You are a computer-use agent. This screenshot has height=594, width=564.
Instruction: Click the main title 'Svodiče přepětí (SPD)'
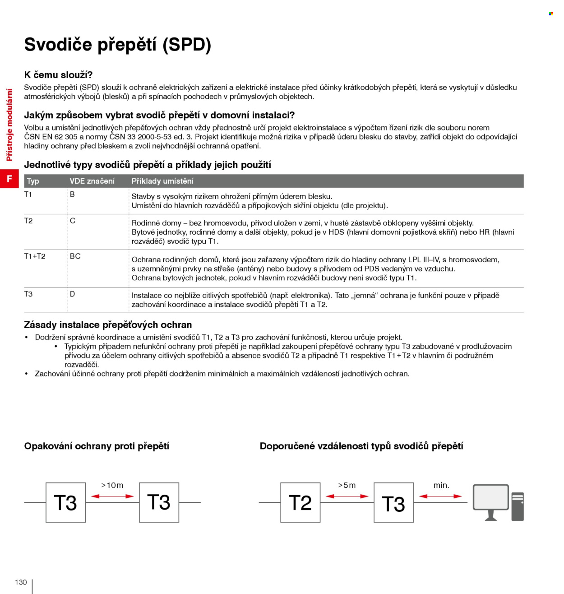click(117, 45)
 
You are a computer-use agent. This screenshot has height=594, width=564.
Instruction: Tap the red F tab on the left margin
click(9, 179)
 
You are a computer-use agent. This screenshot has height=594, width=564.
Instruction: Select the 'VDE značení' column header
click(92, 181)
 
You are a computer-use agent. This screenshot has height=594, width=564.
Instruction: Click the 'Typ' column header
click(33, 181)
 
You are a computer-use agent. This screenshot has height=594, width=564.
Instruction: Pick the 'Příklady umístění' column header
click(162, 181)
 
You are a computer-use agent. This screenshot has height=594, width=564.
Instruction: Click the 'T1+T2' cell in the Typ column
click(35, 256)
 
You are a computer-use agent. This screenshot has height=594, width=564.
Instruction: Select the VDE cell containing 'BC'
click(75, 256)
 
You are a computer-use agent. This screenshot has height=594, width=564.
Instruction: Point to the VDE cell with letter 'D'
click(73, 294)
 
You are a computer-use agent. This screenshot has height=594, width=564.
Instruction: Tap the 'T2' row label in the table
click(28, 221)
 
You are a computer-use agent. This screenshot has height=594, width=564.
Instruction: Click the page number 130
click(21, 582)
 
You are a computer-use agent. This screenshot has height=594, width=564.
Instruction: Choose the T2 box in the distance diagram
click(300, 502)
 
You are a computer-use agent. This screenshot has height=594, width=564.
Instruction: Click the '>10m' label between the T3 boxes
click(112, 485)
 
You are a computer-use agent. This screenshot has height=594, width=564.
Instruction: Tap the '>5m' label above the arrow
click(347, 485)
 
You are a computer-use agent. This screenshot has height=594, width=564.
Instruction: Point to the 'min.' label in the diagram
click(441, 485)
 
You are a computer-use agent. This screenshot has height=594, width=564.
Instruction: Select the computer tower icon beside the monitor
click(518, 506)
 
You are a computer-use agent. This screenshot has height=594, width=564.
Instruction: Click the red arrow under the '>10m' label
click(112, 496)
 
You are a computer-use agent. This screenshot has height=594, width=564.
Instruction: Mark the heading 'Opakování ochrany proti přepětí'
click(97, 446)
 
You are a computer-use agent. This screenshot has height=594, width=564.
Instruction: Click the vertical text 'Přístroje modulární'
click(9, 125)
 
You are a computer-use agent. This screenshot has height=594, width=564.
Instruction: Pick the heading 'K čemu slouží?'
click(58, 75)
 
